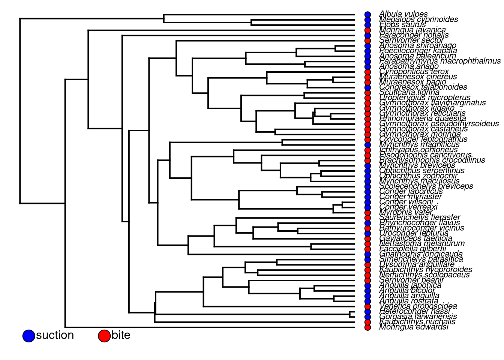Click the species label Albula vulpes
[403, 14]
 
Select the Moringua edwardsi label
[413, 327]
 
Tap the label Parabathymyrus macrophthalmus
[439, 61]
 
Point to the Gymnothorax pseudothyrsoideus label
[439, 123]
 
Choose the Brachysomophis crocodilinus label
[432, 160]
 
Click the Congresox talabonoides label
[423, 87]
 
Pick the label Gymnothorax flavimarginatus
[432, 103]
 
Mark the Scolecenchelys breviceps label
[426, 186]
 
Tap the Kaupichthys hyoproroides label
[426, 270]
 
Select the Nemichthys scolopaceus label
[424, 275]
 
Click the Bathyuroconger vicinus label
[421, 228]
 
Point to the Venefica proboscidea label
[418, 306]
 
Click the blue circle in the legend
[28, 336]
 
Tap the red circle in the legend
[104, 336]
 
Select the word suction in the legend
[55, 335]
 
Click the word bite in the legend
[121, 335]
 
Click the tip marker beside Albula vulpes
[368, 15]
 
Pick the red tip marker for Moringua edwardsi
[368, 327]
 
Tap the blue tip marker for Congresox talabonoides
[368, 87]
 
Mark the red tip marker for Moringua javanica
[368, 30]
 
